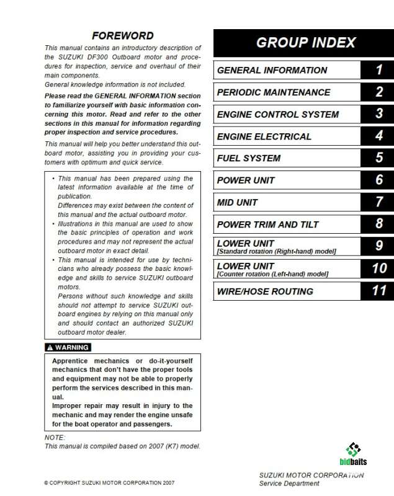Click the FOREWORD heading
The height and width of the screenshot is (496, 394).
click(122, 35)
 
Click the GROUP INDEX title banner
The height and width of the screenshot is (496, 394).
click(305, 43)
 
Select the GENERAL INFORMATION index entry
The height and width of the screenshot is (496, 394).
click(272, 70)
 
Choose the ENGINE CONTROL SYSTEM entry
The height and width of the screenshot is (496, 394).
click(277, 114)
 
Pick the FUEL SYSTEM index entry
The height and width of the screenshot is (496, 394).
click(248, 158)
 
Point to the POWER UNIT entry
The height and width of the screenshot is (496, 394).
click(246, 180)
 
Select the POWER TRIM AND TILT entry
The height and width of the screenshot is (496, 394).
click(267, 224)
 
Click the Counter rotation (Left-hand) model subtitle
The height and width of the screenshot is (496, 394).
click(272, 274)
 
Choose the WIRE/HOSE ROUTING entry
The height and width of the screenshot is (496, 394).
click(265, 291)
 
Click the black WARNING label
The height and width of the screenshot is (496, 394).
click(68, 347)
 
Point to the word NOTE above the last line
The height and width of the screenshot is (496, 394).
click(55, 437)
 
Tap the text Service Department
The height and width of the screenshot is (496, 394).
click(289, 484)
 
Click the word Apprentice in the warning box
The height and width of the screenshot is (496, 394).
click(72, 361)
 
